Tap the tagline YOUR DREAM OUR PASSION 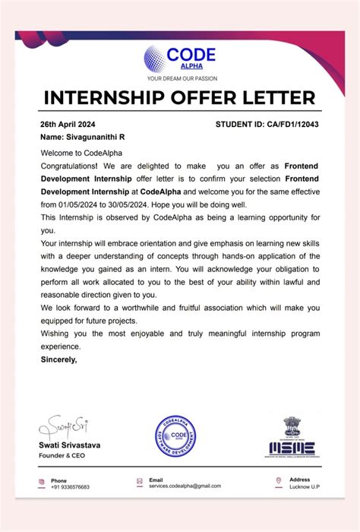pyautogui.click(x=182, y=78)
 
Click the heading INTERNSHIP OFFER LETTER pyautogui.click(x=179, y=99)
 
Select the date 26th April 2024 pyautogui.click(x=67, y=124)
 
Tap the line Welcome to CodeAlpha pyautogui.click(x=77, y=152)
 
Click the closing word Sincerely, pyautogui.click(x=58, y=359)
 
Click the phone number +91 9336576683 pyautogui.click(x=70, y=486)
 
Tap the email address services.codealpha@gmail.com pyautogui.click(x=185, y=486)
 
